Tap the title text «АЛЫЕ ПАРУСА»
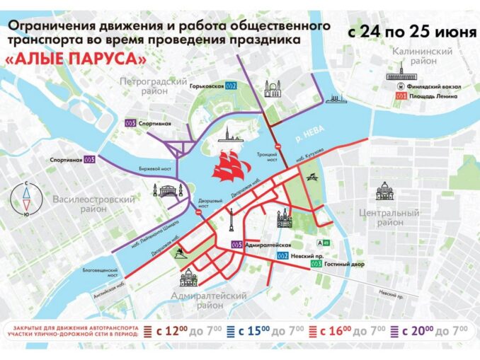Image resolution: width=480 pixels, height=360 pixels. [x=76, y=61]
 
